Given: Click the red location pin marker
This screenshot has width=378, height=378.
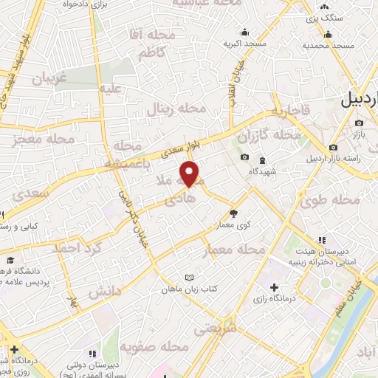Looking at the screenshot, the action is pos(190,174).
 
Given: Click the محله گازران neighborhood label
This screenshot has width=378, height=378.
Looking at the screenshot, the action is pos(270,137).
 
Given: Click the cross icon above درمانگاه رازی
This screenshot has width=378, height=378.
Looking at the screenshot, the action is pos(275,286).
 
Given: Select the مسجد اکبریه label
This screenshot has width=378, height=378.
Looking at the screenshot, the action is pos(245,44).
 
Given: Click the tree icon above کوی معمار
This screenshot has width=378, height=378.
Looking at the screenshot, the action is pos(234,213).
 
